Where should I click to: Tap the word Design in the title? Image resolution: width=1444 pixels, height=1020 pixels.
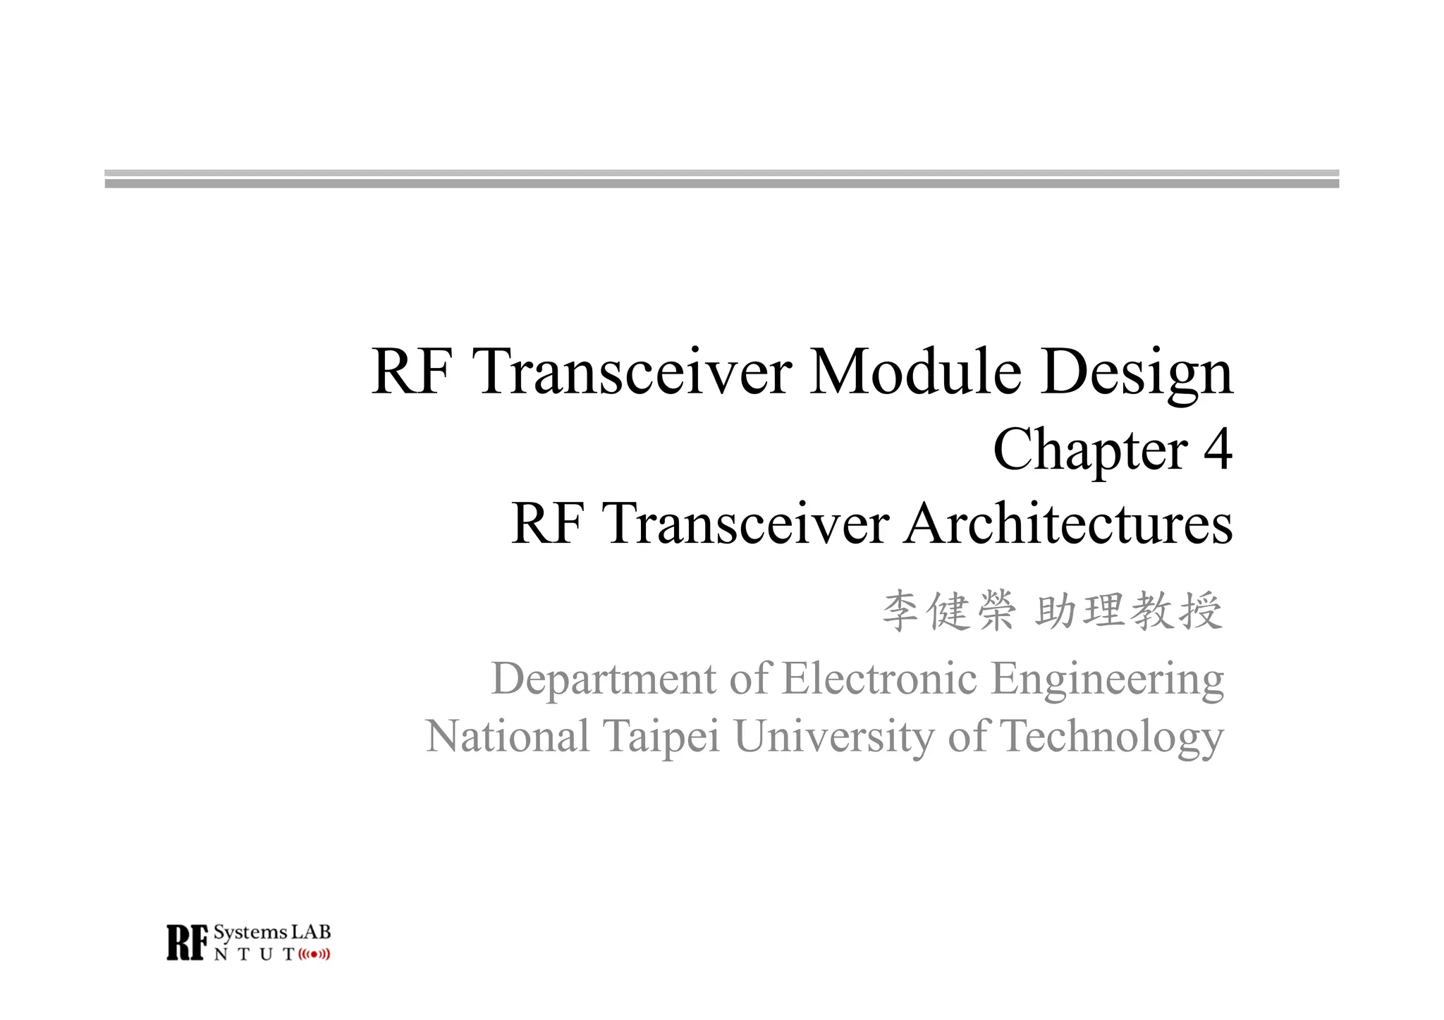[x=1137, y=374]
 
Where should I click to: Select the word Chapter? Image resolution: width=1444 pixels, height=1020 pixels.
[x=1090, y=450]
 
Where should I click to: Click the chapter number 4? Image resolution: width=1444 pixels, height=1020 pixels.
[x=1217, y=449]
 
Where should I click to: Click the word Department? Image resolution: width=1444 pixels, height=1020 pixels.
[x=604, y=679]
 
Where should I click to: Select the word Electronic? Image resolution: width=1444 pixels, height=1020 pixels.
[x=879, y=679]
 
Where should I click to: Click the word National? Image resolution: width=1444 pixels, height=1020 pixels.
[x=508, y=737]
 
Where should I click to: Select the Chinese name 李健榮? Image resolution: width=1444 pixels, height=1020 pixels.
[x=948, y=610]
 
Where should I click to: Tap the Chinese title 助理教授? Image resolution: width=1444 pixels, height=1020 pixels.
[x=1128, y=610]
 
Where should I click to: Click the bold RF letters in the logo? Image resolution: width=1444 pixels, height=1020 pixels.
[x=188, y=942]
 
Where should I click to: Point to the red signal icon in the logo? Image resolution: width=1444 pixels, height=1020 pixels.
[x=314, y=955]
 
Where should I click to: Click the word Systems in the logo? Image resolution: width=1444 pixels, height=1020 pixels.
[x=250, y=933]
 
